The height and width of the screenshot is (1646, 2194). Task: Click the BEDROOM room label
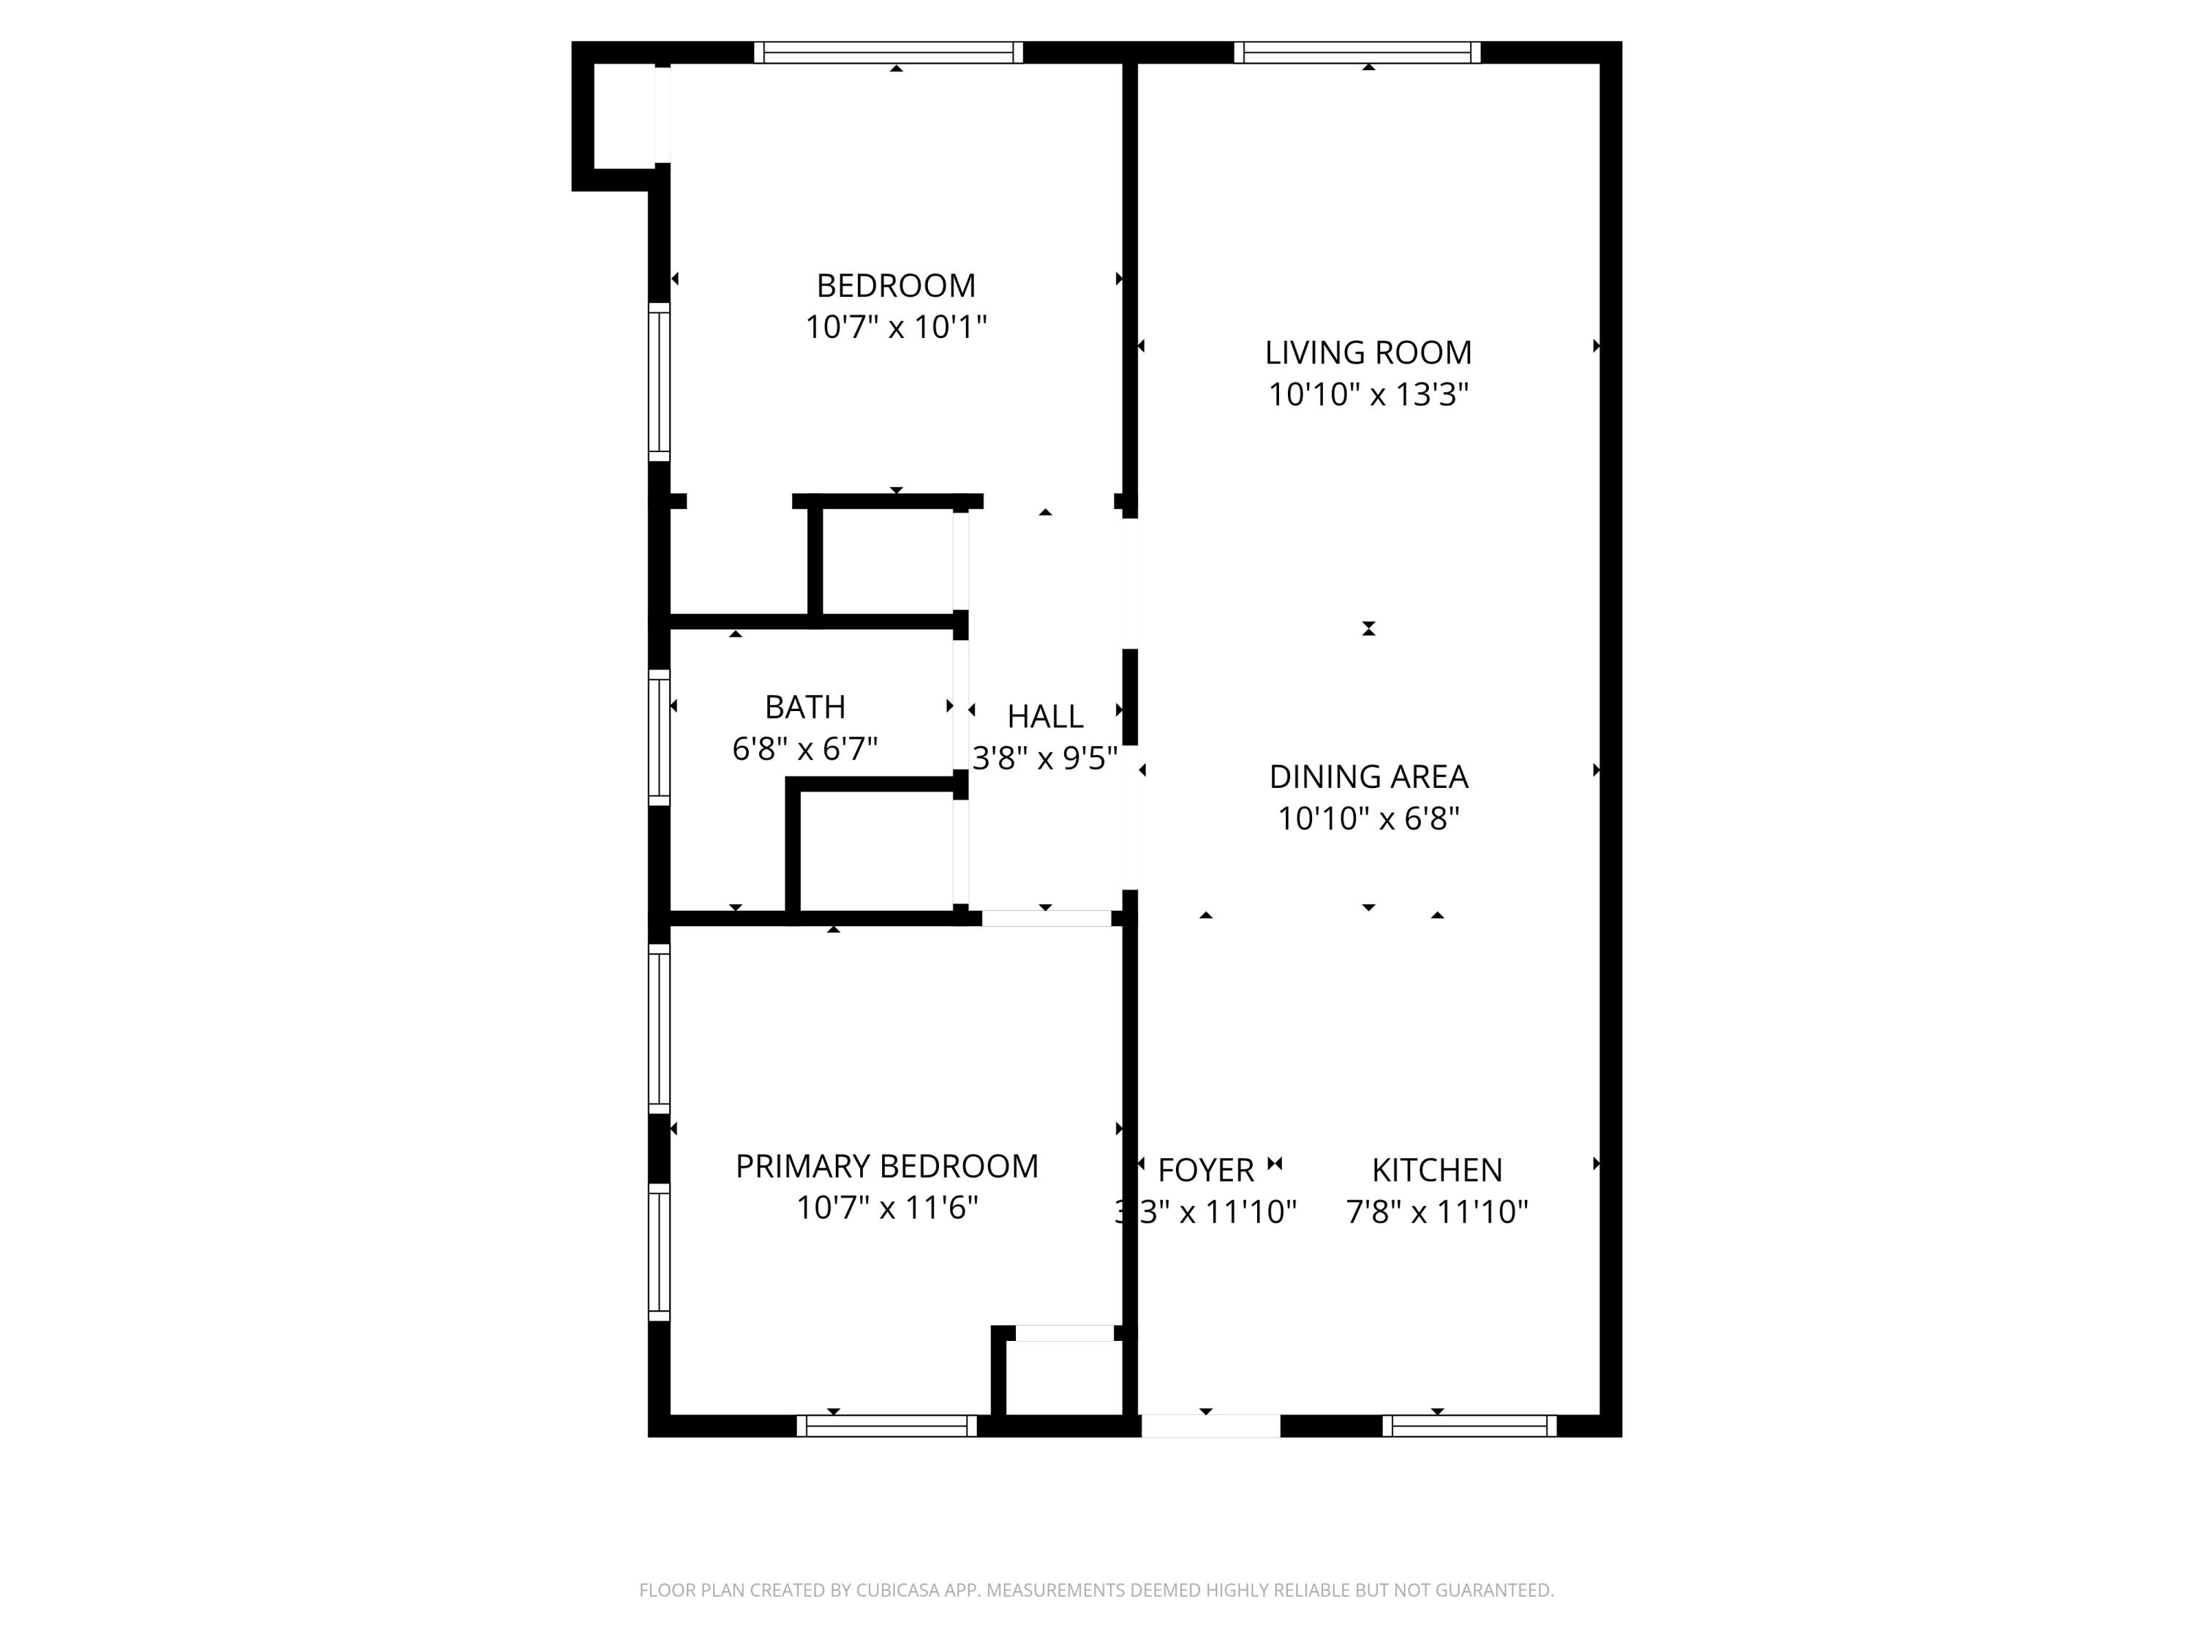(x=896, y=286)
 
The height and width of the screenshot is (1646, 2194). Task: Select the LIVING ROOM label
(x=1368, y=352)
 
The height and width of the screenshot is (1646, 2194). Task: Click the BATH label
(x=804, y=707)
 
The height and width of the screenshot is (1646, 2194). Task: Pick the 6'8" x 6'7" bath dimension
(x=804, y=749)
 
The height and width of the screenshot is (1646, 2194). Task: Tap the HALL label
(x=1044, y=716)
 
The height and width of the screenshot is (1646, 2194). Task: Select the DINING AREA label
(x=1368, y=777)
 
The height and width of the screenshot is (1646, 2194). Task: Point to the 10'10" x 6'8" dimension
(x=1368, y=819)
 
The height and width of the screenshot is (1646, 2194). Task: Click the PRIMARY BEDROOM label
(x=886, y=1167)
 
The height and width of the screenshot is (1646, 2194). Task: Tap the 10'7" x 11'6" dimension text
(x=886, y=1209)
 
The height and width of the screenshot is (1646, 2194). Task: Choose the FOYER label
(x=1205, y=1170)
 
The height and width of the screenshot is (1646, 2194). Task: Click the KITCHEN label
(x=1436, y=1170)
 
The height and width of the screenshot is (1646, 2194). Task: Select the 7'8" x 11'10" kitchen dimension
(x=1436, y=1212)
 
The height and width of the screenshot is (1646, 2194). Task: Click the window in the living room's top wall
(x=1357, y=53)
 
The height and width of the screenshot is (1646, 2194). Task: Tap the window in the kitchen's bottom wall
(x=1469, y=1426)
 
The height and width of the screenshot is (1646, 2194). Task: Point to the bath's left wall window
(x=659, y=737)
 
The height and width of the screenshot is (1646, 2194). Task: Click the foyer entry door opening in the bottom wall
(x=1210, y=1426)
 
